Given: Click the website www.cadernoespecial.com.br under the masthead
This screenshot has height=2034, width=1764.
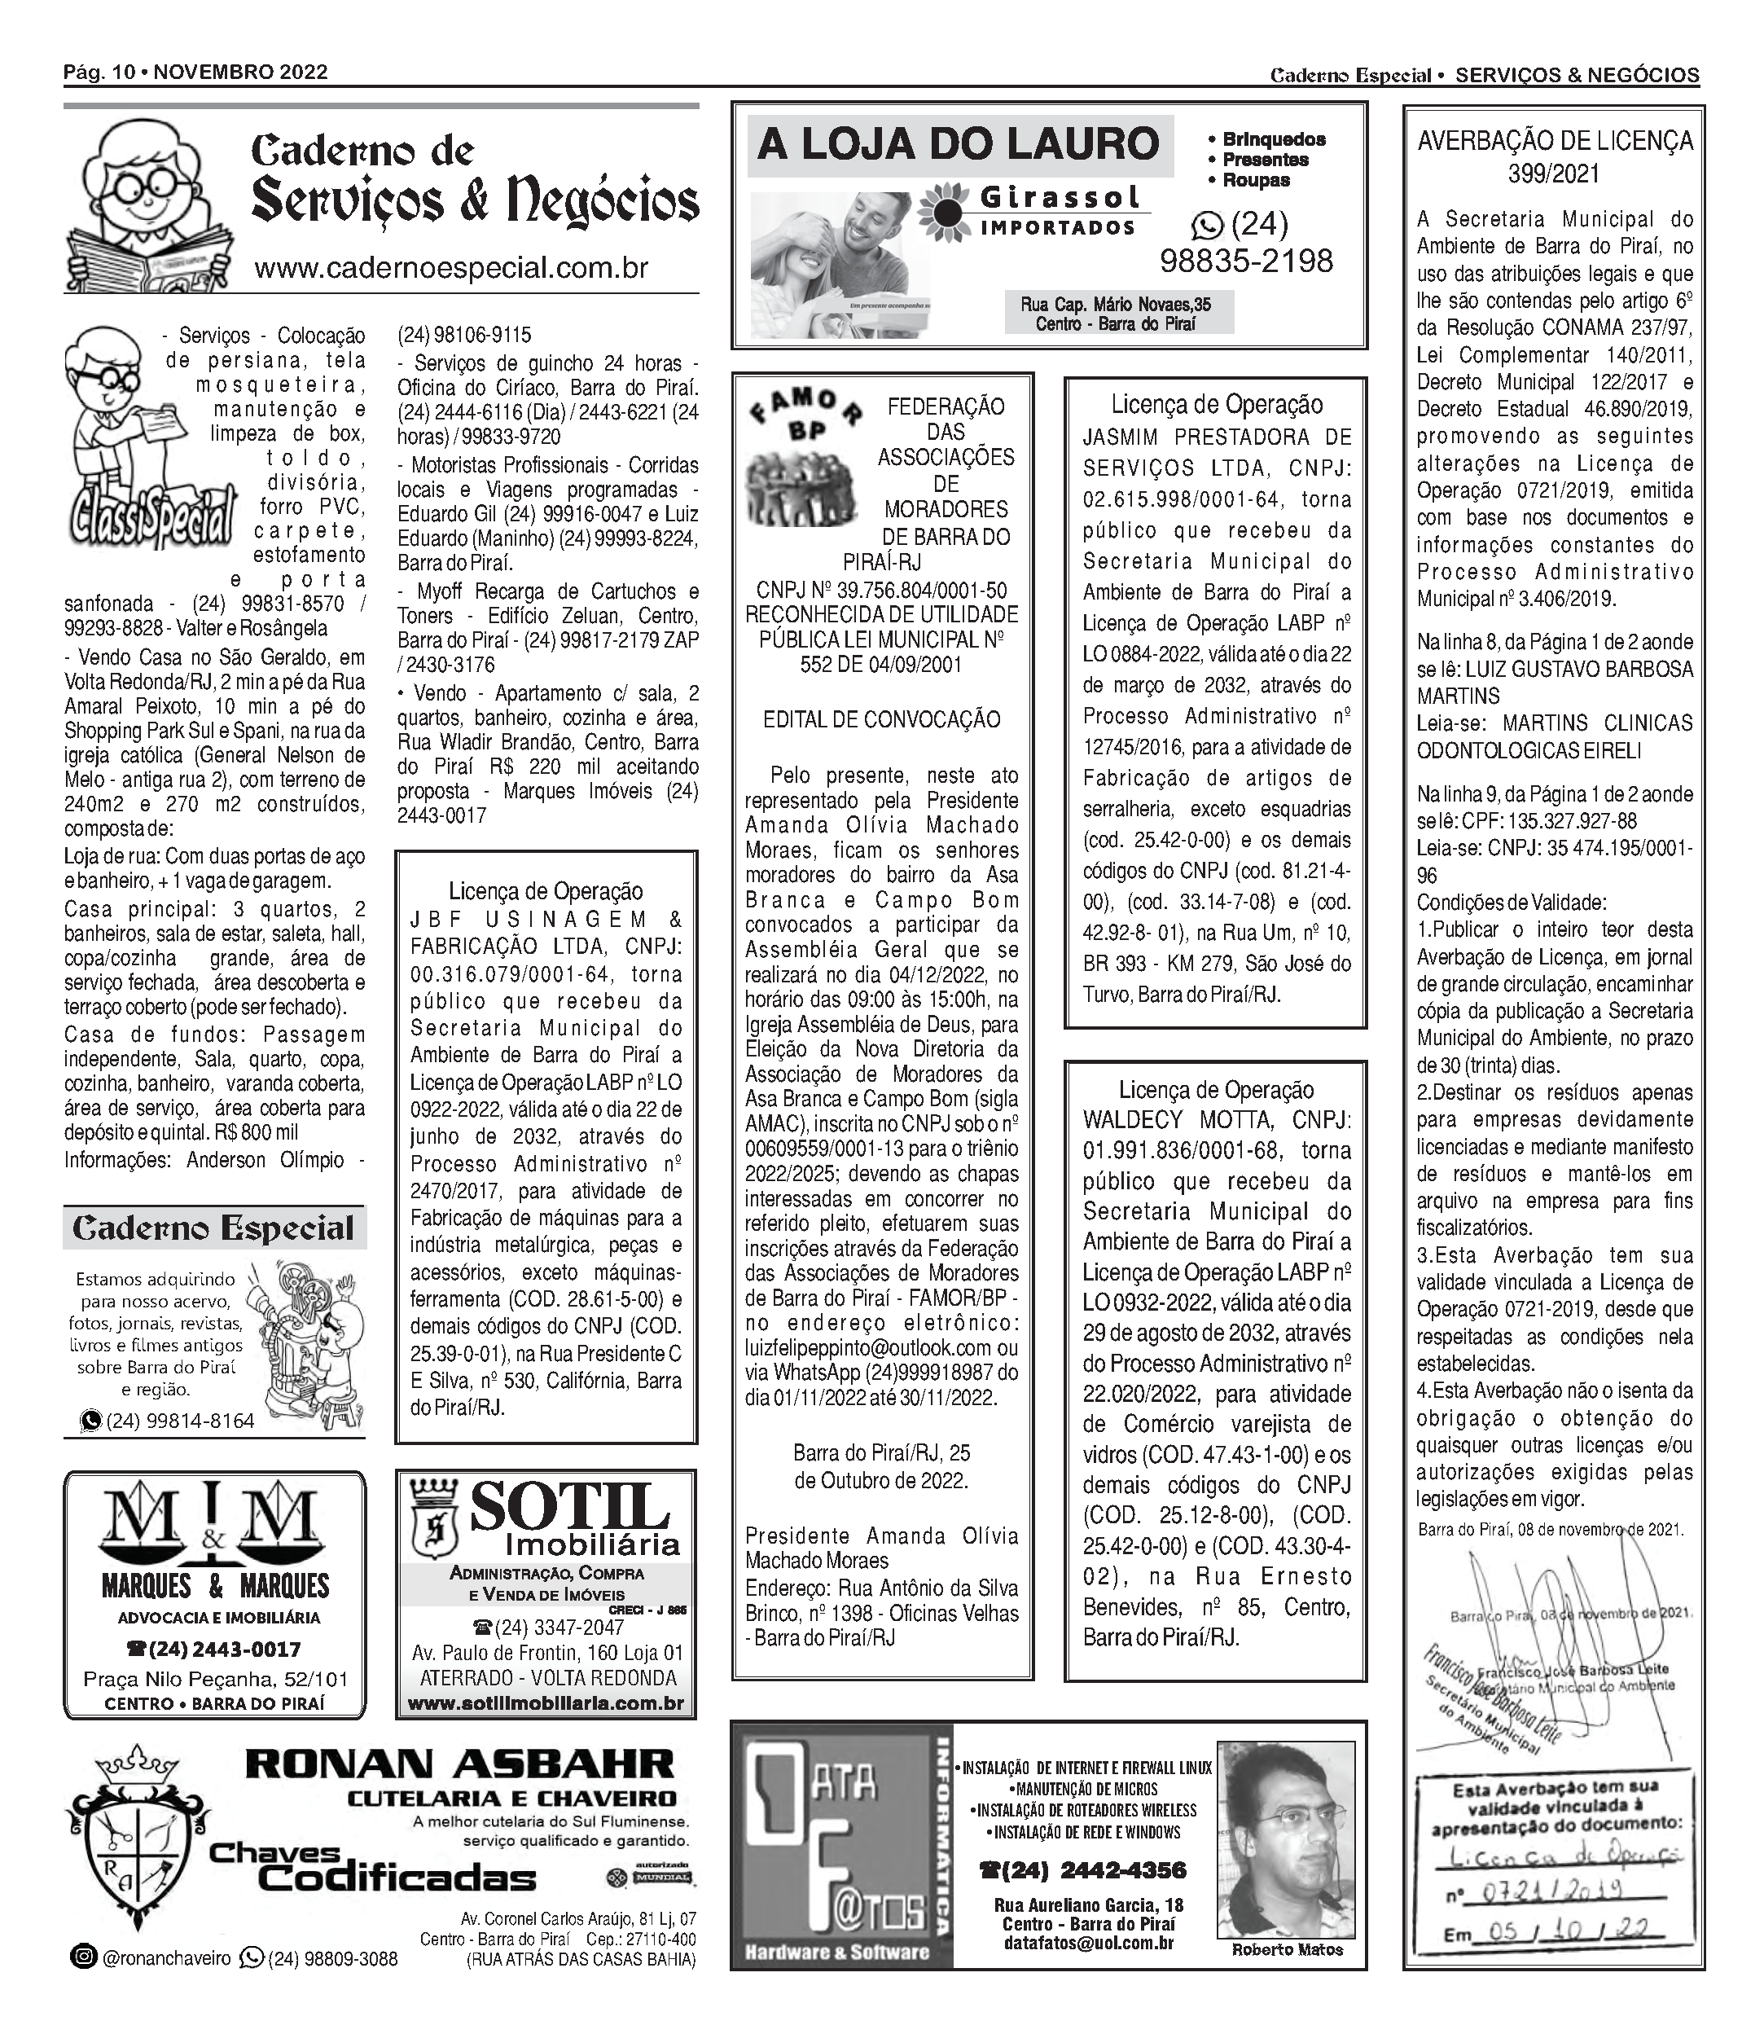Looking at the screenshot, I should coord(451,268).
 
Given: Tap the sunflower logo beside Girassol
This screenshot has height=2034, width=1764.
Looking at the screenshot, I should coord(944,212).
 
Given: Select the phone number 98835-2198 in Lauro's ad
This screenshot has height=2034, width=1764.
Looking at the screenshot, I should coord(1246,261).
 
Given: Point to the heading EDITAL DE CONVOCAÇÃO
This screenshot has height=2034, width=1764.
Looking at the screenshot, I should coord(881,719).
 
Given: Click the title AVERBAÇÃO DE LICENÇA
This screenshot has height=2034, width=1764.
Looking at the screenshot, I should coord(1555,142).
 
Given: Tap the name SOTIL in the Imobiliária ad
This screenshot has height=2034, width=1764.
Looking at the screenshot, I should coord(569,1505).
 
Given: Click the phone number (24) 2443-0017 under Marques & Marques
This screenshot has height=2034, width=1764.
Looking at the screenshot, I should coord(213,1649).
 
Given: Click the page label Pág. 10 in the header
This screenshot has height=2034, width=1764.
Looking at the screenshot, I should coord(99,72).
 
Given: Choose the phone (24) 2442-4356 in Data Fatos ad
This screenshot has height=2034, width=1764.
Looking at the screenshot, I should coord(1083,1869).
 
